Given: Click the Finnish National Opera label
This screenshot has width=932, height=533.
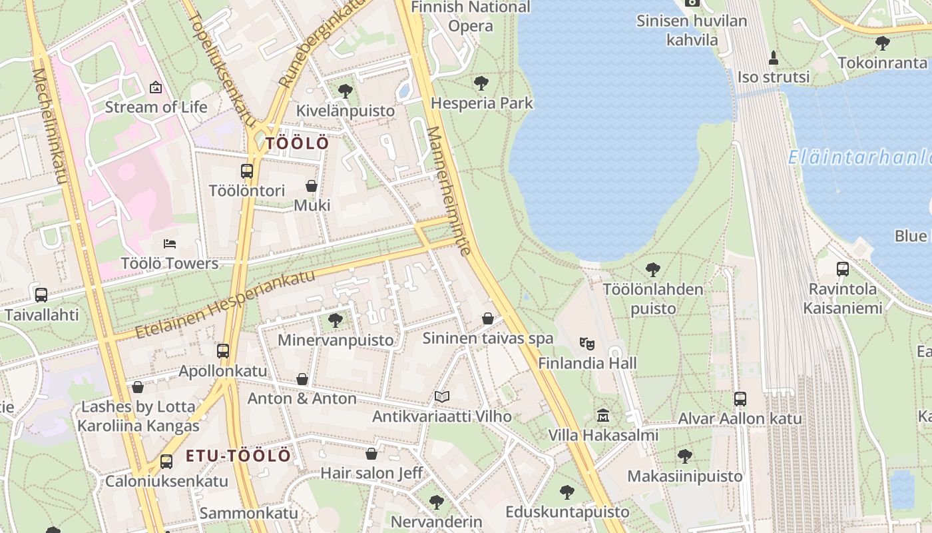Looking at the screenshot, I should pyautogui.click(x=471, y=17).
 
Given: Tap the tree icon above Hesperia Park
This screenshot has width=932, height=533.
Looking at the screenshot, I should pyautogui.click(x=481, y=83).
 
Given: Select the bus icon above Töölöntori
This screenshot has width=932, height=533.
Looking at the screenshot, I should pyautogui.click(x=247, y=171).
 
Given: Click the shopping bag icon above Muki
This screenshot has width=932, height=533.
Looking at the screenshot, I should pyautogui.click(x=311, y=186).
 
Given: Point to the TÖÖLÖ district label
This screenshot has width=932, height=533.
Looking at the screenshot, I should pyautogui.click(x=297, y=143).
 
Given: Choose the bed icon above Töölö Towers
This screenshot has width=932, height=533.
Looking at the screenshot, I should pyautogui.click(x=170, y=244).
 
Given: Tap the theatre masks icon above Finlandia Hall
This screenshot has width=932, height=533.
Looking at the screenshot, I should pyautogui.click(x=586, y=344).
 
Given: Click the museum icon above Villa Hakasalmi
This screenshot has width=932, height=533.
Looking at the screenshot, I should pyautogui.click(x=603, y=416).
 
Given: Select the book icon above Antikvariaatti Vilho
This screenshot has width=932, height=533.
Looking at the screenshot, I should pyautogui.click(x=441, y=397).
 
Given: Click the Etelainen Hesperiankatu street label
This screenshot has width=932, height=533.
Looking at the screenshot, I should pyautogui.click(x=225, y=304).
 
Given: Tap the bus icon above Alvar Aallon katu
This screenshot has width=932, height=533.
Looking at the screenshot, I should pyautogui.click(x=740, y=399).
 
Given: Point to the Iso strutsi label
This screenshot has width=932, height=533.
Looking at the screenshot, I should pyautogui.click(x=774, y=77).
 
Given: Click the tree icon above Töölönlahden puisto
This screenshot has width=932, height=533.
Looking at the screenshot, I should pyautogui.click(x=653, y=270).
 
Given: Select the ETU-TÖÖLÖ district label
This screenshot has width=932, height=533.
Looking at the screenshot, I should pyautogui.click(x=238, y=456).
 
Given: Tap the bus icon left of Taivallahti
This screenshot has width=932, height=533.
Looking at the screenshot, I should pyautogui.click(x=41, y=294).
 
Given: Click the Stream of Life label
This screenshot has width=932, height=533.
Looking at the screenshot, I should pyautogui.click(x=156, y=107).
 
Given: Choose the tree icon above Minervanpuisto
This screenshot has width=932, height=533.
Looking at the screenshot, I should pyautogui.click(x=336, y=320).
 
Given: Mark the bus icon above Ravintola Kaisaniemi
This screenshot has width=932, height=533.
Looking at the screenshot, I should pyautogui.click(x=842, y=269).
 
